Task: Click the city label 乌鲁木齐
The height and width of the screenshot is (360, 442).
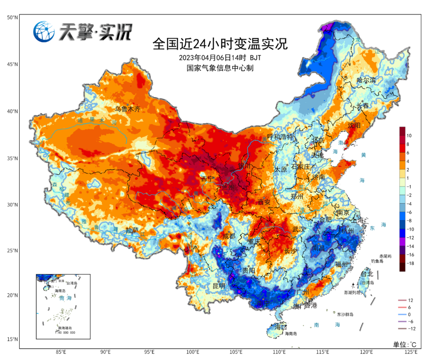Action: (127, 109)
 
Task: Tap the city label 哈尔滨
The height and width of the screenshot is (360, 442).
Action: (366, 80)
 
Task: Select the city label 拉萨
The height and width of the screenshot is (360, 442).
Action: (132, 230)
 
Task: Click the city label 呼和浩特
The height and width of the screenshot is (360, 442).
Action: (280, 137)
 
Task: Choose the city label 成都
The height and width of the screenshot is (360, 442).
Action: (229, 236)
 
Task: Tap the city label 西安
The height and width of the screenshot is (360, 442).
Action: (264, 202)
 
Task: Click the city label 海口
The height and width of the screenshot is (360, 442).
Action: (280, 327)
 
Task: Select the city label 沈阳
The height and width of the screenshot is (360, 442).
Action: (355, 125)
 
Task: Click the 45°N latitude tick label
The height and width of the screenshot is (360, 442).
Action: (12, 64)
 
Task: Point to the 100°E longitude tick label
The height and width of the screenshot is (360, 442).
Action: (193, 352)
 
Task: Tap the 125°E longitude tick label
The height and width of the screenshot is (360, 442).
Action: (410, 352)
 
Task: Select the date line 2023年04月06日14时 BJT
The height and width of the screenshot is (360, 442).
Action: (220, 57)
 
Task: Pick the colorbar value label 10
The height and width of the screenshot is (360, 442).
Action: (409, 135)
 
